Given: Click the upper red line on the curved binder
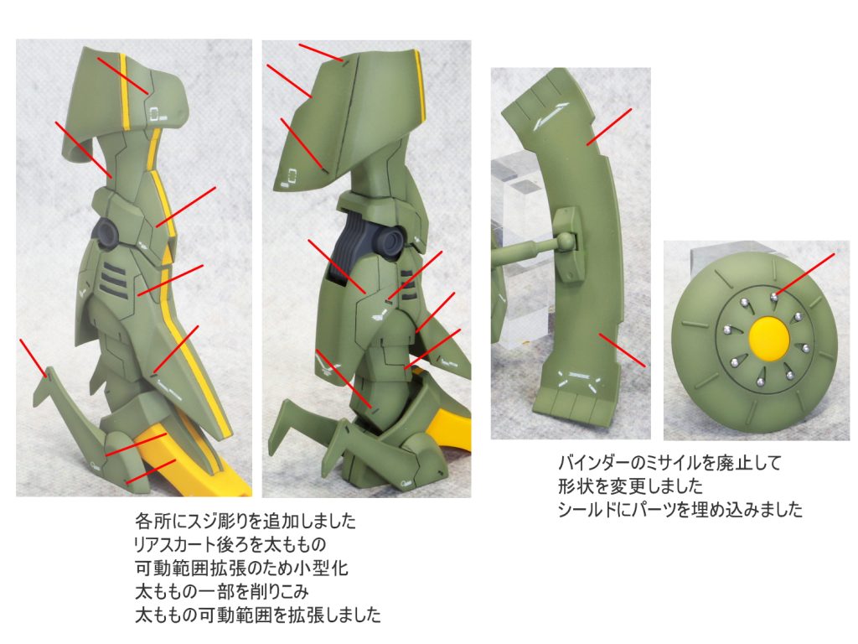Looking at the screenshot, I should (609, 127).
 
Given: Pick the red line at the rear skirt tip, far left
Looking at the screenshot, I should (34, 359).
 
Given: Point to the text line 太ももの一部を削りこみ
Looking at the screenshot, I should (222, 592).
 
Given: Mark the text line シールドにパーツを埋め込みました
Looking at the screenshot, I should (680, 510).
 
